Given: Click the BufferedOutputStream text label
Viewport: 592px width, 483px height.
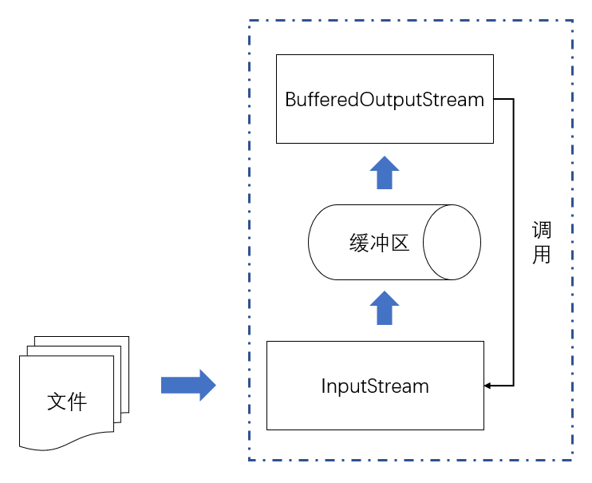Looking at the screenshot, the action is [x=385, y=100].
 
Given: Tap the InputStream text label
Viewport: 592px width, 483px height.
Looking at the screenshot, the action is [x=375, y=386].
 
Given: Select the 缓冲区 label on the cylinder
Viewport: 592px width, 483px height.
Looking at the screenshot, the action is [x=379, y=243].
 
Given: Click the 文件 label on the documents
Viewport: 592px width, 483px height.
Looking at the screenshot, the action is [x=67, y=402].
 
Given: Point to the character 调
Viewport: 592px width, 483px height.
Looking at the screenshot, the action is [x=542, y=230].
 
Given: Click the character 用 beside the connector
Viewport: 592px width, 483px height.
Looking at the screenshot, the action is [x=542, y=255].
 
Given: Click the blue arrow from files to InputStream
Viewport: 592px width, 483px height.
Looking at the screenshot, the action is [x=188, y=385].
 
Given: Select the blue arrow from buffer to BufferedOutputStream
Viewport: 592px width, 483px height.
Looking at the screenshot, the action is [x=385, y=172].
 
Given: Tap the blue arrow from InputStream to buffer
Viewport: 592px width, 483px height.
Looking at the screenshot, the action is [x=385, y=307].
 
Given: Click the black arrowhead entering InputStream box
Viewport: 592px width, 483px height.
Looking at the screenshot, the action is [x=487, y=386].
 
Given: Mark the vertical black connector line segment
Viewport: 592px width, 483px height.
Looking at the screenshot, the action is [x=514, y=242].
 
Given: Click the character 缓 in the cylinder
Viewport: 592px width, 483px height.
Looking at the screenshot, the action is [x=359, y=243].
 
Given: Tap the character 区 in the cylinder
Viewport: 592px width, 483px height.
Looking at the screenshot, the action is [x=401, y=243].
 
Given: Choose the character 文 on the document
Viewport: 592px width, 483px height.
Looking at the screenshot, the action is [x=57, y=402].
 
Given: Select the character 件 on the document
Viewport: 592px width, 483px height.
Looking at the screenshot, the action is [x=77, y=402].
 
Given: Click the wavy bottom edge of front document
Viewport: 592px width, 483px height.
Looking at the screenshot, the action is [x=66, y=441].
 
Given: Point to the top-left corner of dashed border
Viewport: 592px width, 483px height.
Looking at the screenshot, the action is [x=249, y=21].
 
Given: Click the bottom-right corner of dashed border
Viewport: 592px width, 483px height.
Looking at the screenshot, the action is [x=572, y=460].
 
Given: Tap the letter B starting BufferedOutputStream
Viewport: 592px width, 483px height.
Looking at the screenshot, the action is [x=290, y=100].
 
